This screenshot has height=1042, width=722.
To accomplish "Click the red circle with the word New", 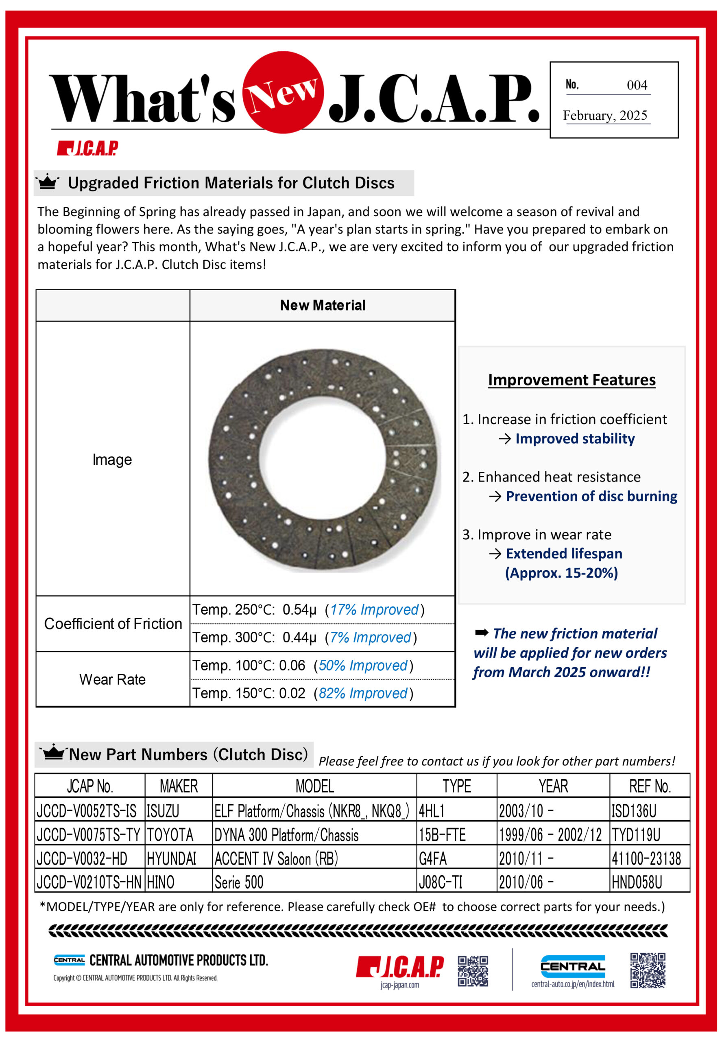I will pyautogui.click(x=283, y=92).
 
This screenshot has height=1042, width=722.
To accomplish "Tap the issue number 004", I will pyautogui.click(x=637, y=85).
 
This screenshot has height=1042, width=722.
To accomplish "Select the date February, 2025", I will pyautogui.click(x=605, y=116).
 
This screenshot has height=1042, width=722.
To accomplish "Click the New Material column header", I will pyautogui.click(x=323, y=306).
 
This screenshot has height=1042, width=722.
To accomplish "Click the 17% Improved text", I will pyautogui.click(x=374, y=610).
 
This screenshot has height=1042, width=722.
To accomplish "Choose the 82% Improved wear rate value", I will pyautogui.click(x=363, y=693).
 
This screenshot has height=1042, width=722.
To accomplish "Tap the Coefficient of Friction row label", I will pyautogui.click(x=113, y=624).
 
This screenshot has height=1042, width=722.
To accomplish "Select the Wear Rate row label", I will pyautogui.click(x=113, y=679).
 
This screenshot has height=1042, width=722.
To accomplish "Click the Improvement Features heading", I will pyautogui.click(x=571, y=380).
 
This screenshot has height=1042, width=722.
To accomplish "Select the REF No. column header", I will pyautogui.click(x=650, y=786).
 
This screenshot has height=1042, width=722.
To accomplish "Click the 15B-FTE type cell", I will pyautogui.click(x=442, y=835).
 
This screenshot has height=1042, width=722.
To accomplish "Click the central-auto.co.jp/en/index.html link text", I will pyautogui.click(x=573, y=984).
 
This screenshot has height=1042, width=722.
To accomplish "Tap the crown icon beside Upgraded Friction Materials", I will pyautogui.click(x=48, y=182).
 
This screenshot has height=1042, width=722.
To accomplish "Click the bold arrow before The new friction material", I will pyautogui.click(x=481, y=633).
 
